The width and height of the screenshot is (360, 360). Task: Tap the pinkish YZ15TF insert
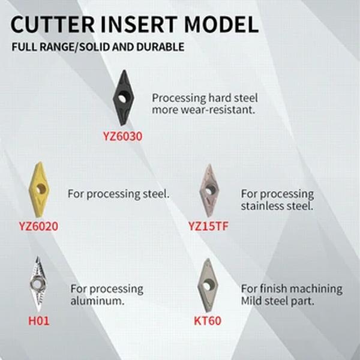(208, 191)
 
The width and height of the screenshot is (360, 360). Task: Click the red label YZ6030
(122, 136)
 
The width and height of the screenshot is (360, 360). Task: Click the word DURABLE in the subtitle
(160, 47)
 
